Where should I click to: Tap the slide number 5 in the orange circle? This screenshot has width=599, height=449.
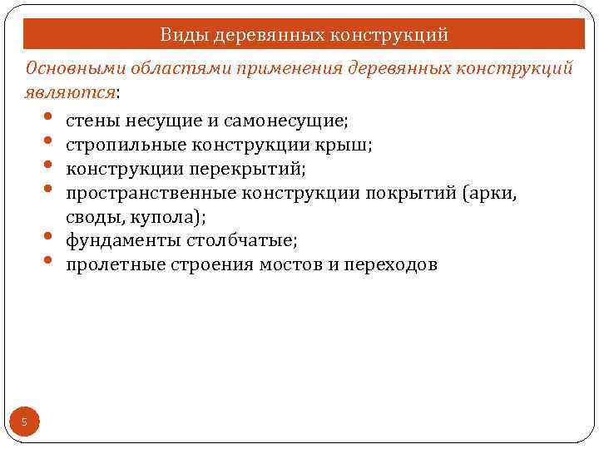point(24,423)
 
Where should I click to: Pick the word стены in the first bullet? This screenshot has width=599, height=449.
point(92,121)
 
